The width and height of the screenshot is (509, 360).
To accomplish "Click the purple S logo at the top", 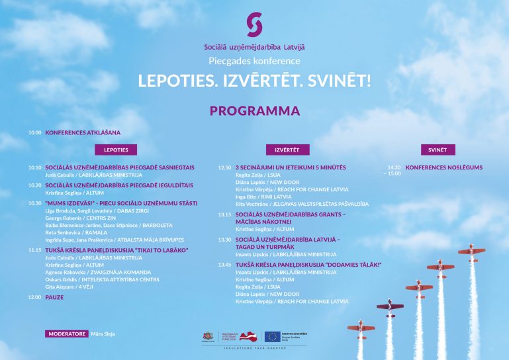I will (254, 25).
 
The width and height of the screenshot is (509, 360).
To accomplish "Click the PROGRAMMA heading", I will (254, 111).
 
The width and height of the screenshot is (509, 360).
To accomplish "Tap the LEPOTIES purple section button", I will (116, 150).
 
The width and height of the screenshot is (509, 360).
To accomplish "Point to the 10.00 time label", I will (34, 132).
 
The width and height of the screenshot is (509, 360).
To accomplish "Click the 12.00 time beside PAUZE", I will (34, 297).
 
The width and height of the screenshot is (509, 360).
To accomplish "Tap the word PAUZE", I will (54, 297).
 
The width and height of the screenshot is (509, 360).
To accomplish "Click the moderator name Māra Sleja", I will (103, 334).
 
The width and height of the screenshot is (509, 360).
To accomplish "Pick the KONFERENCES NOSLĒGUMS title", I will (443, 167).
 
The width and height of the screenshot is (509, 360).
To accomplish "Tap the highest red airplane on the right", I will (472, 251).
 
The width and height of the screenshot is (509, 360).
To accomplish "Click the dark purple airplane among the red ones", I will (389, 305).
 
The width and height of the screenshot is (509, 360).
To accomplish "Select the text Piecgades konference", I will (254, 61).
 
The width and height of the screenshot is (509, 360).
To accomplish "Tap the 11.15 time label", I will (34, 250).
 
